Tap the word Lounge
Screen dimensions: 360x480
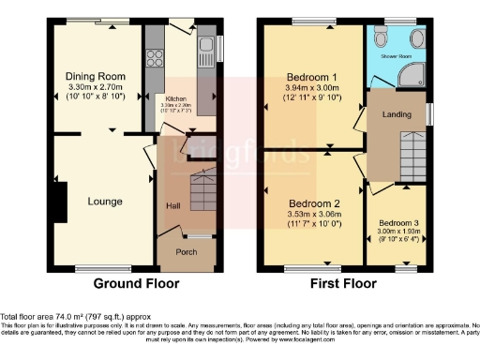click(105, 201)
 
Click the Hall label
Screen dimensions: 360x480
click(173, 206)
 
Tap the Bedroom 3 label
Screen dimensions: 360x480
click(398, 223)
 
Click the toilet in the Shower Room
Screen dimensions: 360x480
click(380, 37)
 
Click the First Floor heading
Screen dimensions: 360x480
click(344, 283)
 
